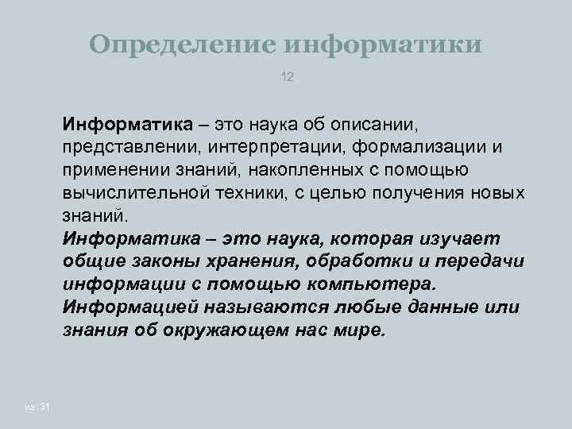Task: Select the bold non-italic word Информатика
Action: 127,125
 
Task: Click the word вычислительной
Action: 135,193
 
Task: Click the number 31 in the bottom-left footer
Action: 44,408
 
